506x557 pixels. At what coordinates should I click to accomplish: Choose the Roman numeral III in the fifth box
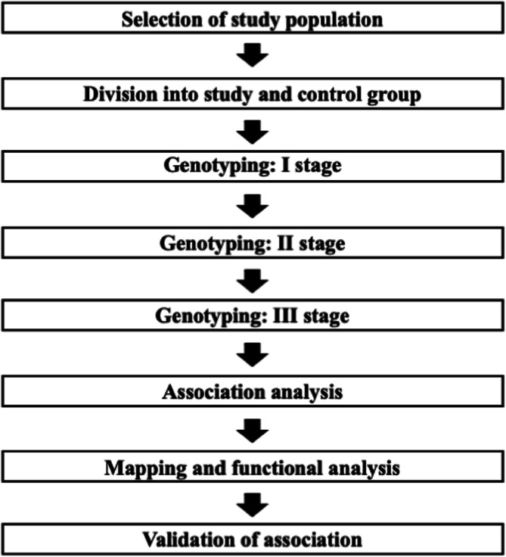(281, 316)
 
